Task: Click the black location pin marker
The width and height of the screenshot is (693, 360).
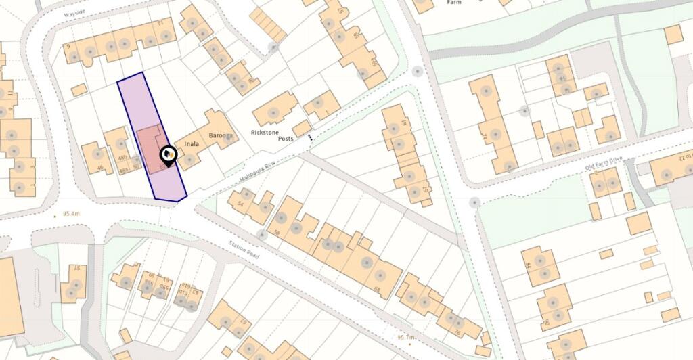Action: click(168, 157)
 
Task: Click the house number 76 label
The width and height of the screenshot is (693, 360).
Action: click(457, 332)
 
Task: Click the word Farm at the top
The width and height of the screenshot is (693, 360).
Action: click(453, 3)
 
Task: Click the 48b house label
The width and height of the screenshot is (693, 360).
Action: click(122, 157)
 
